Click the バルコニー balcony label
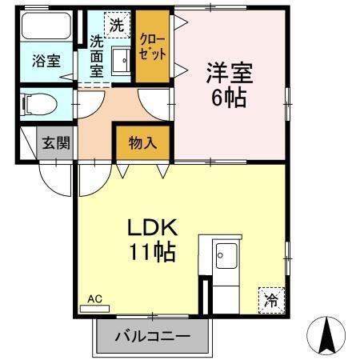[152, 336]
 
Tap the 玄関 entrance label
[56, 144]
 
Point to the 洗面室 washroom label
[97, 57]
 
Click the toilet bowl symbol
[40, 104]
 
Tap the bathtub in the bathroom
[46, 28]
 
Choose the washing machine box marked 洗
[117, 24]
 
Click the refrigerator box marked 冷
[270, 300]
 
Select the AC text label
[95, 299]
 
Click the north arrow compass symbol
[326, 336]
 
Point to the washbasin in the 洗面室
[121, 60]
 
